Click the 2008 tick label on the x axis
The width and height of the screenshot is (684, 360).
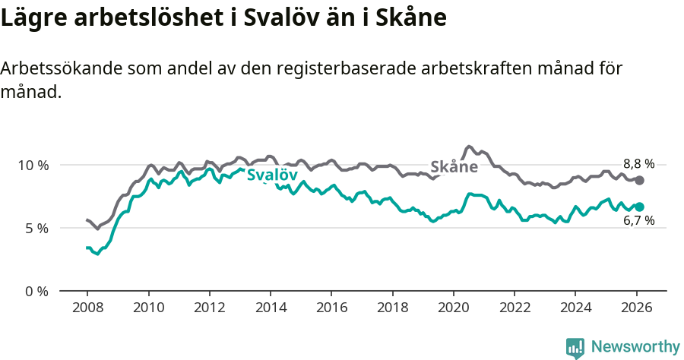(87, 309)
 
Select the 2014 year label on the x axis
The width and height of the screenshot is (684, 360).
(271, 309)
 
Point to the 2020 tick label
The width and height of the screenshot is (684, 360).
(453, 309)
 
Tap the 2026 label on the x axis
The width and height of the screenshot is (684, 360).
(636, 309)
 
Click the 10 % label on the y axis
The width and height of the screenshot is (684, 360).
(33, 166)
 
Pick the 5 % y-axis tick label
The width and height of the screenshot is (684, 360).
(36, 228)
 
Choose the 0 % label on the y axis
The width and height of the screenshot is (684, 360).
(36, 291)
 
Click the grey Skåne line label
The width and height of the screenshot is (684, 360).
(454, 167)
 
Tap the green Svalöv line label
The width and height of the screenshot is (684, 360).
(272, 175)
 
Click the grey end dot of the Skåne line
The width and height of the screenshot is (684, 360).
(640, 180)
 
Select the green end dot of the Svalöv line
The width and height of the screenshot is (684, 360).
(640, 207)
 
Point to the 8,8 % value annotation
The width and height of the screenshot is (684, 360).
(638, 163)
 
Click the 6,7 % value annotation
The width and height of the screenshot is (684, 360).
(638, 221)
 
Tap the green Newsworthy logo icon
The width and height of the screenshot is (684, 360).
(575, 348)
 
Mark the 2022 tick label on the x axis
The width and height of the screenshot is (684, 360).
(515, 309)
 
